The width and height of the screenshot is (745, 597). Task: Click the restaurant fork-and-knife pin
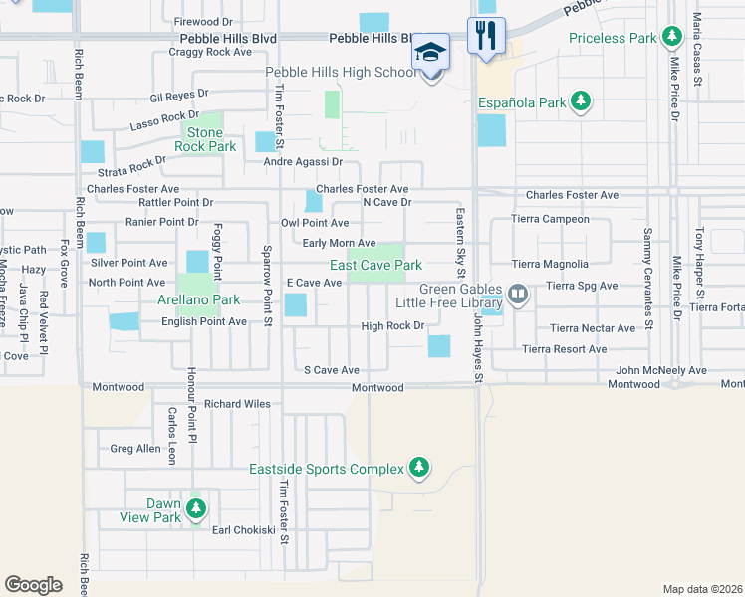(x=486, y=35)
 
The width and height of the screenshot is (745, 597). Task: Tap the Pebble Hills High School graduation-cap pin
(x=431, y=52)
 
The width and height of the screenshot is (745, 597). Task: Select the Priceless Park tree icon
(x=672, y=38)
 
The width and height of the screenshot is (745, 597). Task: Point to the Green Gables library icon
(x=517, y=294)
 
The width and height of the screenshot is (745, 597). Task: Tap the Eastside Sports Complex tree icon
(x=419, y=468)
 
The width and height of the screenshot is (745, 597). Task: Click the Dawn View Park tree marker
(x=196, y=510)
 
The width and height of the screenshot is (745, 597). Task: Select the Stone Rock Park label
(x=205, y=139)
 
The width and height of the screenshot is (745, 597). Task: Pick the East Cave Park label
(x=376, y=265)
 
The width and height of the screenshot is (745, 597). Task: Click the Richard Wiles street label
(x=237, y=405)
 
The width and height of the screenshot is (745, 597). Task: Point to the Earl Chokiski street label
(x=243, y=530)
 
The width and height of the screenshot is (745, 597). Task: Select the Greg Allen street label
(x=134, y=449)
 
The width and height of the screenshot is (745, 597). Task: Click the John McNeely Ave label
(x=660, y=371)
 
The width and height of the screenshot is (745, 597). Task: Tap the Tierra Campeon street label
(x=550, y=219)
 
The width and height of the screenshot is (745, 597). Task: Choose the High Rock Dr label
(x=392, y=326)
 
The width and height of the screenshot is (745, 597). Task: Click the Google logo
(x=33, y=584)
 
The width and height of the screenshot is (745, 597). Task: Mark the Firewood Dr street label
(x=203, y=21)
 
